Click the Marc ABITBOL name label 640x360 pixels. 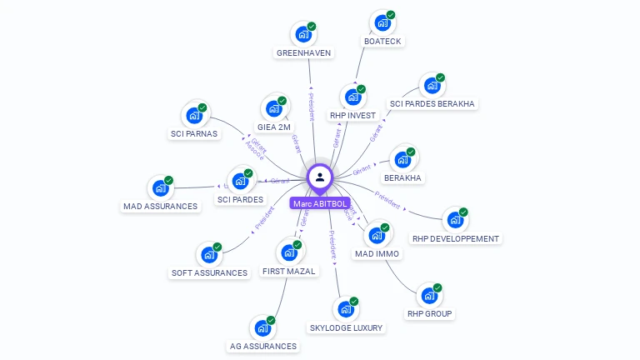coord(319,203)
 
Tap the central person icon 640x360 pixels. coord(320,177)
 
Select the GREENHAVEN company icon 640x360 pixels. coord(303,35)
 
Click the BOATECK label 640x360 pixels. coord(382,41)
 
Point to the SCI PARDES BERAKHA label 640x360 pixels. coord(432,104)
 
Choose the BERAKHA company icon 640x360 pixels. coord(403,159)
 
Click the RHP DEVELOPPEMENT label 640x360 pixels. coord(456,238)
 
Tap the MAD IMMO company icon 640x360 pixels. coord(377,234)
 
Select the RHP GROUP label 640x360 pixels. coord(429,314)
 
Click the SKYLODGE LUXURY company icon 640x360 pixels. coord(346,309)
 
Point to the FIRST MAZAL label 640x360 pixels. coord(289,272)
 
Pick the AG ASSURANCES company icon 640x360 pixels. coord(262,327)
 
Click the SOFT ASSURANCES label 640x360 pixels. coord(209,272)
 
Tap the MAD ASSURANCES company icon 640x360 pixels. coord(160,188)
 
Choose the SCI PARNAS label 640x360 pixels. coord(194,133)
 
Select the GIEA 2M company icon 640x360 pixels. coord(274,108)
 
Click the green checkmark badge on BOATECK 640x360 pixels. coord(391,15)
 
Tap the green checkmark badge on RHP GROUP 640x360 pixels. coord(437,288)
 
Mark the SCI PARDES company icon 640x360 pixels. coord(240,181)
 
